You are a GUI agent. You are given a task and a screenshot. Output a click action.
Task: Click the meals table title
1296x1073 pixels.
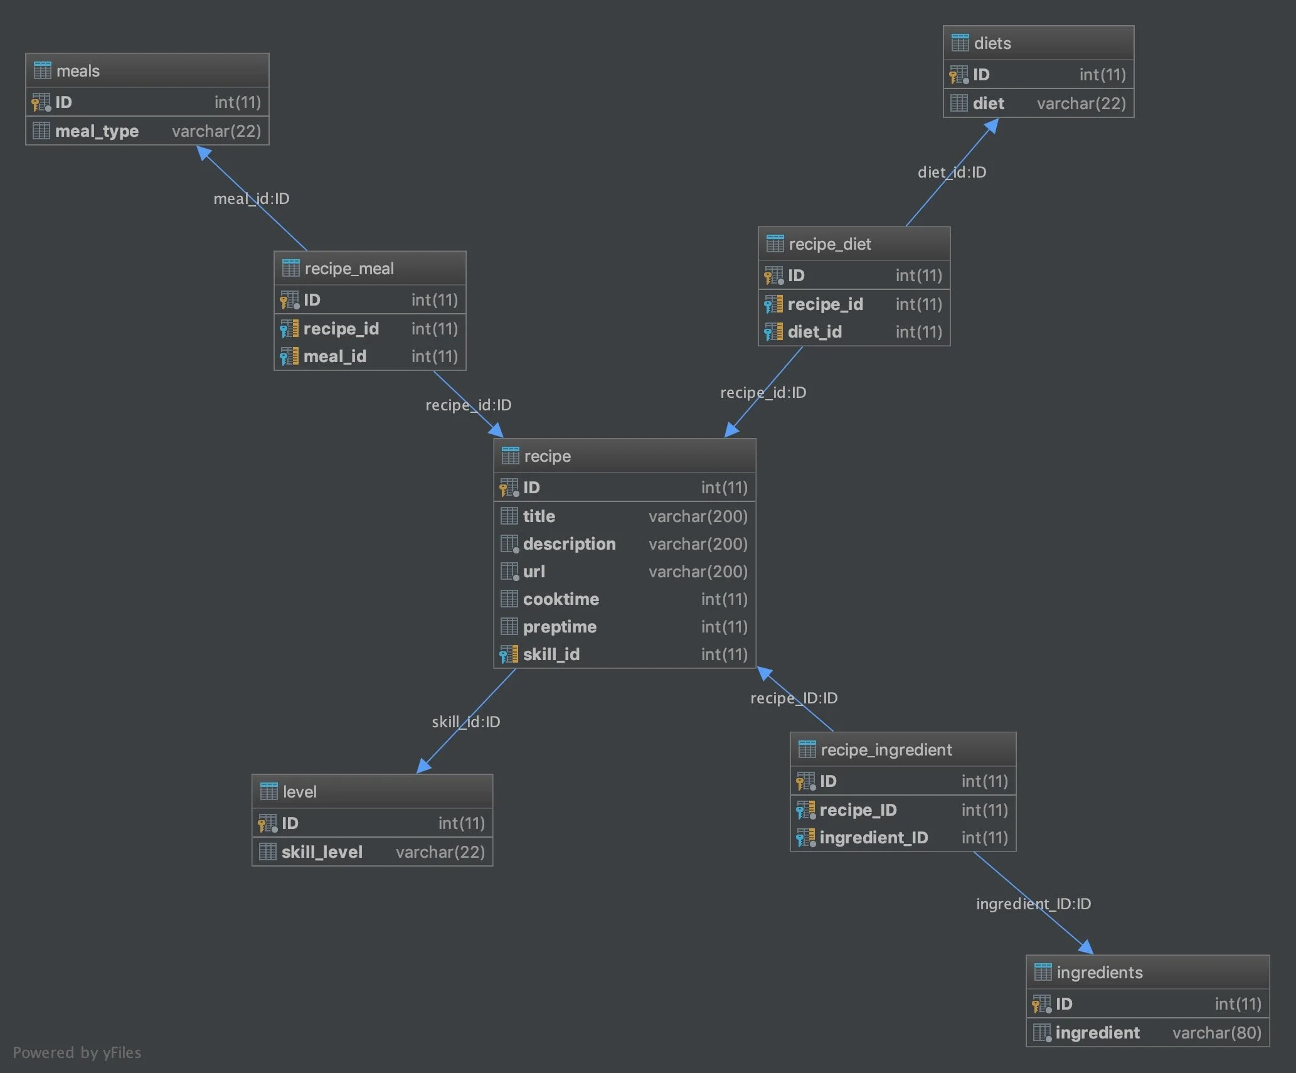(78, 71)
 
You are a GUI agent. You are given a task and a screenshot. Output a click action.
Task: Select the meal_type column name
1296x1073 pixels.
(97, 131)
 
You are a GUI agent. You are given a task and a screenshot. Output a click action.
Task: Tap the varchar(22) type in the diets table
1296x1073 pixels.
(1081, 104)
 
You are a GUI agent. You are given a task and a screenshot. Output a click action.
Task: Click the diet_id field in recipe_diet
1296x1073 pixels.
(814, 332)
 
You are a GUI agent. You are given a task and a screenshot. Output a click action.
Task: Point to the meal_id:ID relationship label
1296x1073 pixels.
(252, 199)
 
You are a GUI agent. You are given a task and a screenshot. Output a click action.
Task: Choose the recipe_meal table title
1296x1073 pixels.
(349, 269)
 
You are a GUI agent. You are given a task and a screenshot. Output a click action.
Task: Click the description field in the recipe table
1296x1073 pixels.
(569, 544)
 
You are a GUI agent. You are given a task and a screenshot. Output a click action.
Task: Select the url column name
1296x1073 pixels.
(534, 572)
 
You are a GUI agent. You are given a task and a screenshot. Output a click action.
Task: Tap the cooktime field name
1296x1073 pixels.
(561, 599)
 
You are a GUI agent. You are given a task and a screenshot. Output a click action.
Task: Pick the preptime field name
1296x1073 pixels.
(560, 627)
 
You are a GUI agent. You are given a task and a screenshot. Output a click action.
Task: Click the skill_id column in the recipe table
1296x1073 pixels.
(551, 654)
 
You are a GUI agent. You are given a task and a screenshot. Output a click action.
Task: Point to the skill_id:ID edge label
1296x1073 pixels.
(465, 722)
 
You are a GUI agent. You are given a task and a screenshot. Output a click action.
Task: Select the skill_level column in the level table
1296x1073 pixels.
(322, 852)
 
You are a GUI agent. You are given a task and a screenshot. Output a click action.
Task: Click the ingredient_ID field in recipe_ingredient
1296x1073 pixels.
(873, 838)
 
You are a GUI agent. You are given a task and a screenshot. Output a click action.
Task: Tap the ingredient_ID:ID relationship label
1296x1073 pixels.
(1033, 904)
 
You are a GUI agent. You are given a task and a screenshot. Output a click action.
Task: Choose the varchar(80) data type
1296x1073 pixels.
(1216, 1033)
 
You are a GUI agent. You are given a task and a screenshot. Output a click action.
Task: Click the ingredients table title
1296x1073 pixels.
(1099, 973)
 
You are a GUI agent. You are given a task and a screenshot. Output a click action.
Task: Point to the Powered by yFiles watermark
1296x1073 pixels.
(77, 1052)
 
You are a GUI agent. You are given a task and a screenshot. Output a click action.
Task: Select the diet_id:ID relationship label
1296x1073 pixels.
(952, 173)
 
